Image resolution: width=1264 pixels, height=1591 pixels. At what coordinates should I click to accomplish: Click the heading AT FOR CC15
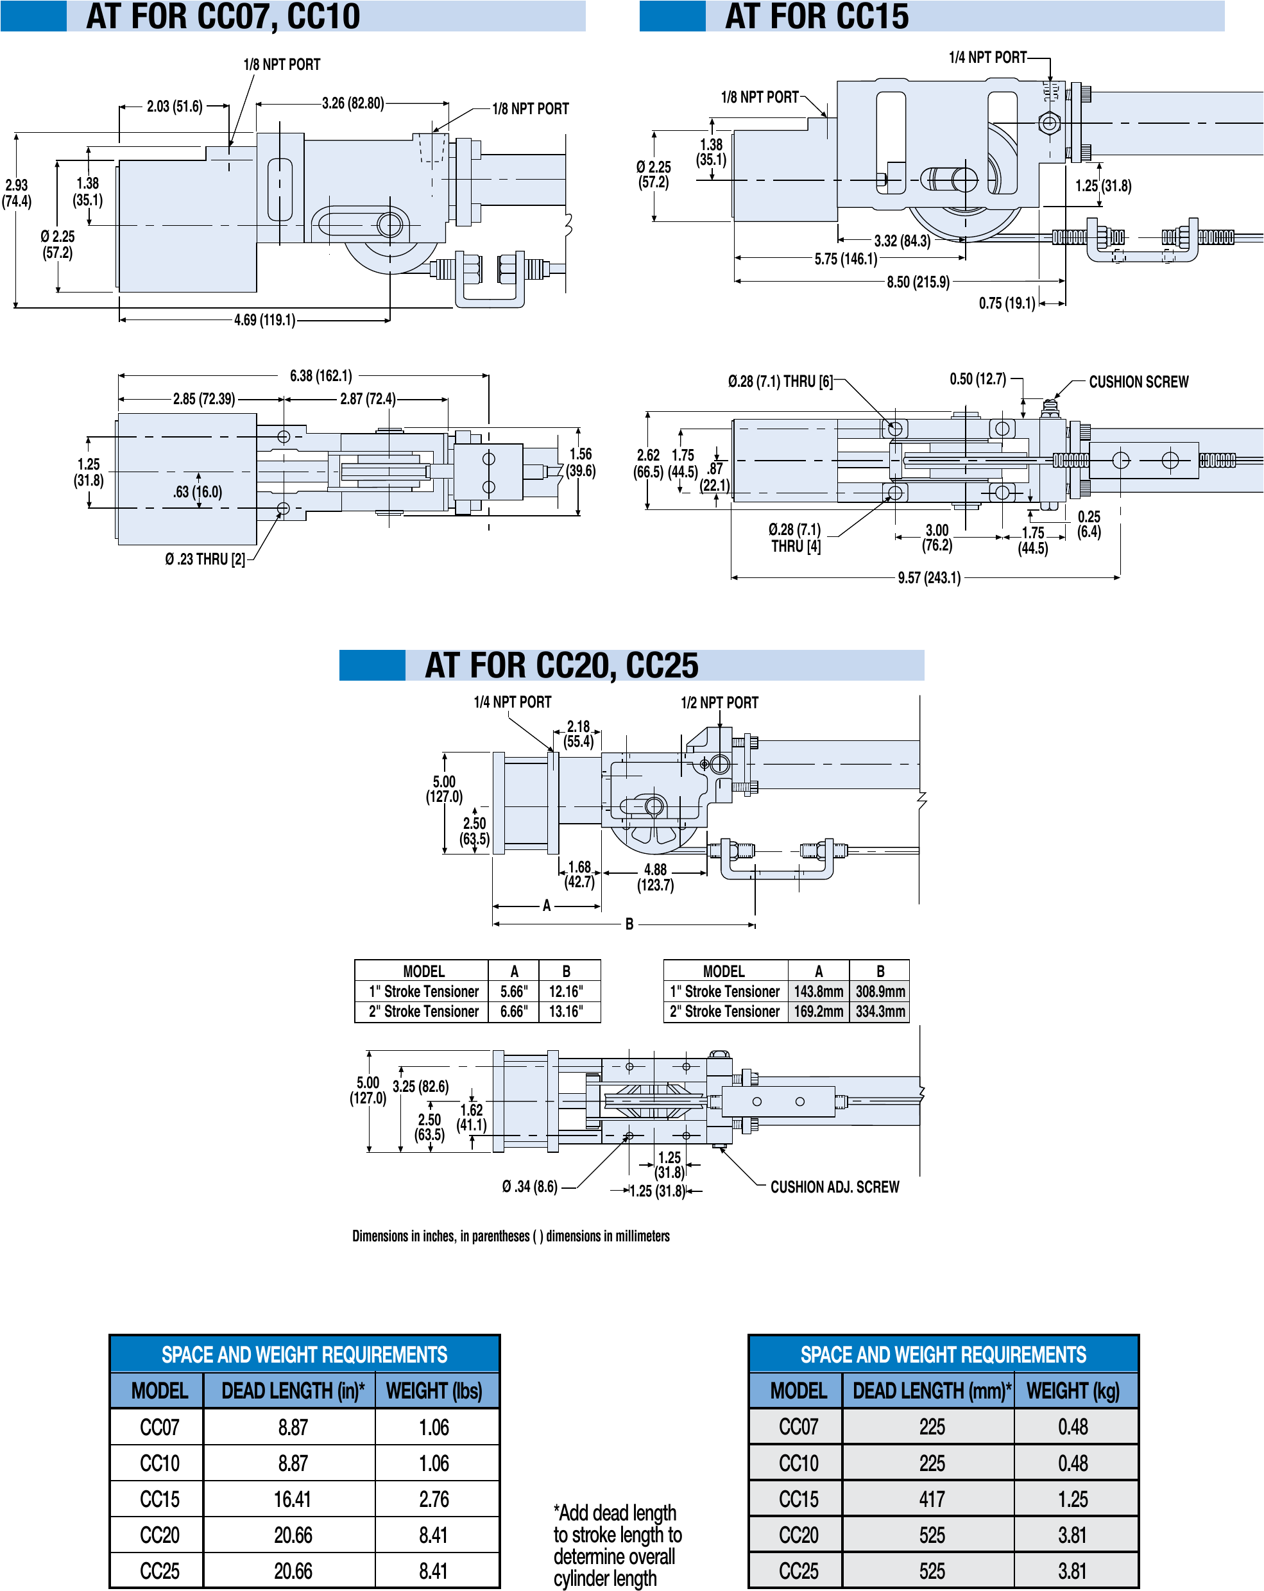pyautogui.click(x=816, y=16)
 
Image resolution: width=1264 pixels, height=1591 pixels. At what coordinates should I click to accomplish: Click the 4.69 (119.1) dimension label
pyautogui.click(x=264, y=319)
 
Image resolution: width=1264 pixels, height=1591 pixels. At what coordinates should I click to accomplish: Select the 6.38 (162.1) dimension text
pyautogui.click(x=321, y=375)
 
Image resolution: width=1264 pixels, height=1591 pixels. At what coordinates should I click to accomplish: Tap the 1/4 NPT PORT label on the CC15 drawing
pyautogui.click(x=987, y=58)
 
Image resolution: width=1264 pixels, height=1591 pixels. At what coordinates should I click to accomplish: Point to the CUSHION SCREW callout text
pyautogui.click(x=1138, y=382)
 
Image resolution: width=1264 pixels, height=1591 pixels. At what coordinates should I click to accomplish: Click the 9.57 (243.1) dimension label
pyautogui.click(x=928, y=577)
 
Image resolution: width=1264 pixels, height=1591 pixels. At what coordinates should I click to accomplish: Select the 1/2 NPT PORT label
pyautogui.click(x=719, y=702)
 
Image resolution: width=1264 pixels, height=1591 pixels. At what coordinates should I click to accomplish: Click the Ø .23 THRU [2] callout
pyautogui.click(x=205, y=559)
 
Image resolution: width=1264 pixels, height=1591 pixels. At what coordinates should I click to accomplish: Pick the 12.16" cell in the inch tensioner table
pyautogui.click(x=565, y=991)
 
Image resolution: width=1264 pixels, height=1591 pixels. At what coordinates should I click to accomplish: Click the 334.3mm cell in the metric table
pyautogui.click(x=880, y=1011)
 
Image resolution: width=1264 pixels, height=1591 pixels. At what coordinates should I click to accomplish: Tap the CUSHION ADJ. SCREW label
pyautogui.click(x=834, y=1187)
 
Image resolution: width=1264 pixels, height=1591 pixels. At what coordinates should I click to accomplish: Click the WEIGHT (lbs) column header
pyautogui.click(x=434, y=1390)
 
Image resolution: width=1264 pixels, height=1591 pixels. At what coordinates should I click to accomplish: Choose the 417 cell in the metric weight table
pyautogui.click(x=931, y=1499)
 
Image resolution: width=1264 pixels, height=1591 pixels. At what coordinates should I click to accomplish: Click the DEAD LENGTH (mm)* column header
pyautogui.click(x=931, y=1390)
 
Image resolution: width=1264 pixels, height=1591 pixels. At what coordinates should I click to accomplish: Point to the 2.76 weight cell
pyautogui.click(x=434, y=1499)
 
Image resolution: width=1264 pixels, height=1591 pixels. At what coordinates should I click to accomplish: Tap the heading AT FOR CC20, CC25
pyautogui.click(x=561, y=665)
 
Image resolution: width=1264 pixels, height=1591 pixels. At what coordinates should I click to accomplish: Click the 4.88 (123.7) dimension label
pyautogui.click(x=655, y=878)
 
